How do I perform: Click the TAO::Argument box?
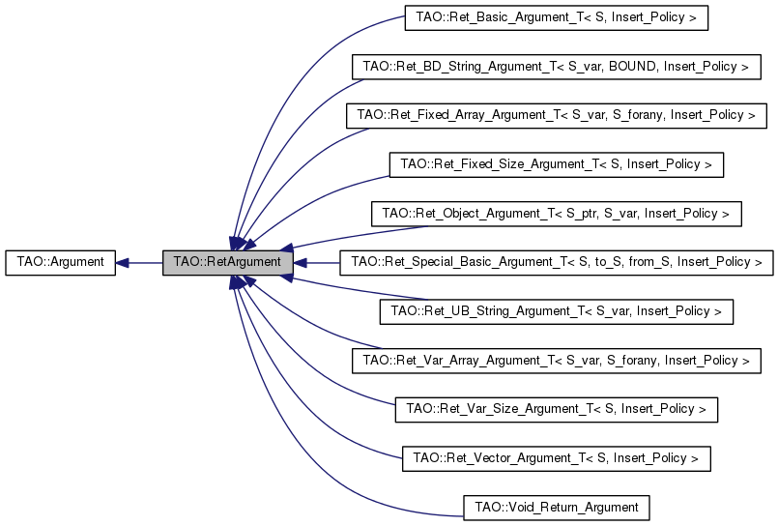pos(61,262)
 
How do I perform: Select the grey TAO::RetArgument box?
pos(228,262)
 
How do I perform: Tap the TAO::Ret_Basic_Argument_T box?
pos(557,17)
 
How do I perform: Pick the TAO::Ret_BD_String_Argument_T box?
pos(557,67)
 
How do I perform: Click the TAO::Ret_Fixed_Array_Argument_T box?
pos(557,116)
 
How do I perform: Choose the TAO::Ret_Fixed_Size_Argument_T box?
pos(557,164)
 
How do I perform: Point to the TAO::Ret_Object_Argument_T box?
pos(557,214)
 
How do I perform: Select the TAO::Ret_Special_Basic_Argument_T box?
pos(557,262)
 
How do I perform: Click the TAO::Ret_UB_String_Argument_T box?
pos(557,311)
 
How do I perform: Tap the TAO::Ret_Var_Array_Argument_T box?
pos(557,361)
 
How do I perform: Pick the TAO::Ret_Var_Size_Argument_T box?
pos(557,409)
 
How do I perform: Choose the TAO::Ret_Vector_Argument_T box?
pos(557,458)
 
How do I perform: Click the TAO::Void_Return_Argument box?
pos(557,508)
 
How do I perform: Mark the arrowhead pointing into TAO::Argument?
pos(122,262)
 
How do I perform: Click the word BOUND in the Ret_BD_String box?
pos(632,67)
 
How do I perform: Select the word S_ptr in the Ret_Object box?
pos(581,214)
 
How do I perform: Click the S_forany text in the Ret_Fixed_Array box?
pos(638,115)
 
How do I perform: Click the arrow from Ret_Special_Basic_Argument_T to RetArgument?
pos(316,262)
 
